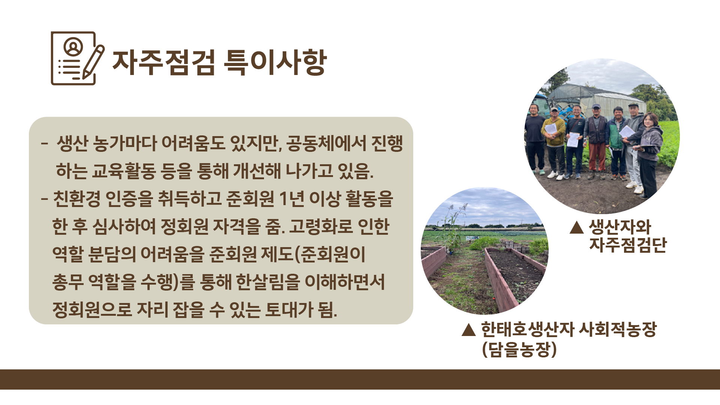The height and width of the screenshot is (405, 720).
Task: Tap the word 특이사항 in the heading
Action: [x=275, y=62]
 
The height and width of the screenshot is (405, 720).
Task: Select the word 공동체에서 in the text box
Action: [x=326, y=144]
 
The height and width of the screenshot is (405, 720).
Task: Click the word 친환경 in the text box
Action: [x=76, y=199]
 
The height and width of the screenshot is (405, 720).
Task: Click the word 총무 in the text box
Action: [x=68, y=282]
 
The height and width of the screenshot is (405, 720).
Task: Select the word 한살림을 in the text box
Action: [x=268, y=282]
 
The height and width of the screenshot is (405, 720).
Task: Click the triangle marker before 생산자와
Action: [x=576, y=227]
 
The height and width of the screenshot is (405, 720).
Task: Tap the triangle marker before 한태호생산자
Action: [x=469, y=330]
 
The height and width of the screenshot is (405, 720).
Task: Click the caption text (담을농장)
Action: [x=519, y=349]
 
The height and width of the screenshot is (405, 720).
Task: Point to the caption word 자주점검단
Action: [x=627, y=244]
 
